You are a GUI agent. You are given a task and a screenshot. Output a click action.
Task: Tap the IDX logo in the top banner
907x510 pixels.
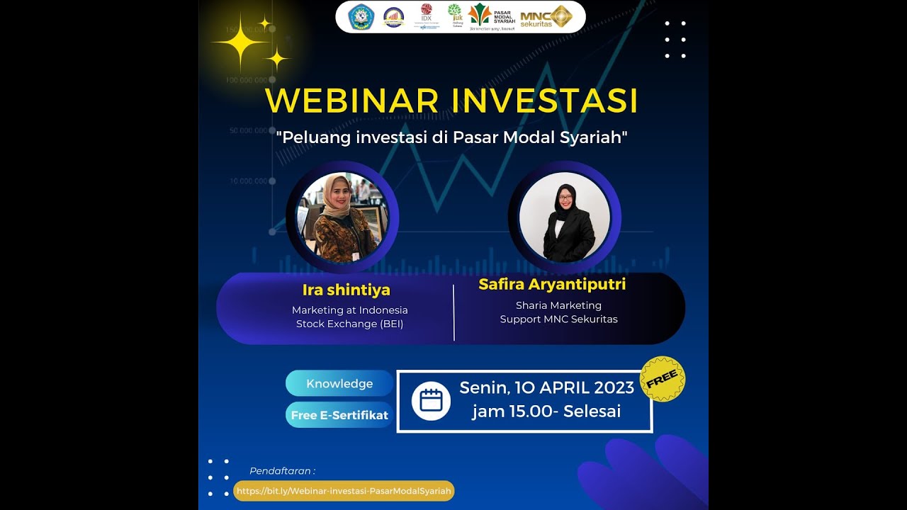427,16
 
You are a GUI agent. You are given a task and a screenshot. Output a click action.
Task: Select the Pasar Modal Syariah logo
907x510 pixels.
492,16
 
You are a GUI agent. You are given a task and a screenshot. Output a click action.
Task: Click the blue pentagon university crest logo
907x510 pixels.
361,16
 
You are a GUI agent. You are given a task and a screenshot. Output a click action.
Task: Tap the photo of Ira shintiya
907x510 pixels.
342,217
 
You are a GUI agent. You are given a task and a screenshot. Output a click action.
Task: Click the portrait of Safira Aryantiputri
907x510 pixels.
565,217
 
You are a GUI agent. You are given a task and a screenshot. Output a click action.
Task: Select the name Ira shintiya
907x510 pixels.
346,290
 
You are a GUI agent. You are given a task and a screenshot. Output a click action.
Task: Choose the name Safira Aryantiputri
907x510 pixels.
552,285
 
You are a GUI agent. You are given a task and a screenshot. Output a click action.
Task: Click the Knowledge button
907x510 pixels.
339,383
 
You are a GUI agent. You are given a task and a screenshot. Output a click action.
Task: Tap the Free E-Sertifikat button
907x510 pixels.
339,415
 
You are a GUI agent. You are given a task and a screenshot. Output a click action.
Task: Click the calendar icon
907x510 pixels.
431,401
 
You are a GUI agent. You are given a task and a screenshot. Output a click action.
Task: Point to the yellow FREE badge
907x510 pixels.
663,379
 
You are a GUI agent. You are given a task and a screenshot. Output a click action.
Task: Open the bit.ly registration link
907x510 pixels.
344,491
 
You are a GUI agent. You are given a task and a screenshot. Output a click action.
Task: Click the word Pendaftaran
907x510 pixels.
282,471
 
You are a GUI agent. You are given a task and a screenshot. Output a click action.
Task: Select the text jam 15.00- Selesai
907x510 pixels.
546,412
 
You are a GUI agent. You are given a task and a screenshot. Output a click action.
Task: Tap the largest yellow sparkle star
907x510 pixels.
241,43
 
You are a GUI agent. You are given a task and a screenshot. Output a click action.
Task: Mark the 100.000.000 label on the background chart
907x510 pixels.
247,80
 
